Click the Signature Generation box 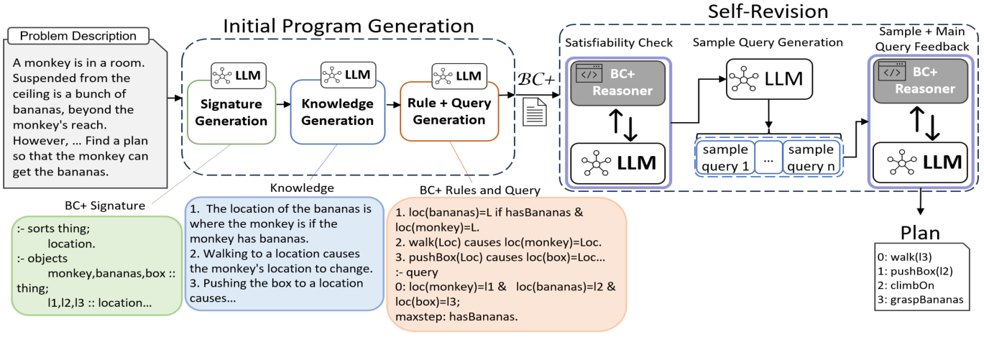(231, 111)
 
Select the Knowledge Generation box (337, 112)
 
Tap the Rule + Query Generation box (449, 111)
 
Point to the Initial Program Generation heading (349, 27)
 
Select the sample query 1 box (725, 158)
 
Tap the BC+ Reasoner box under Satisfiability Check (617, 83)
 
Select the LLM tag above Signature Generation (239, 75)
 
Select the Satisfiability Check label (619, 42)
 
